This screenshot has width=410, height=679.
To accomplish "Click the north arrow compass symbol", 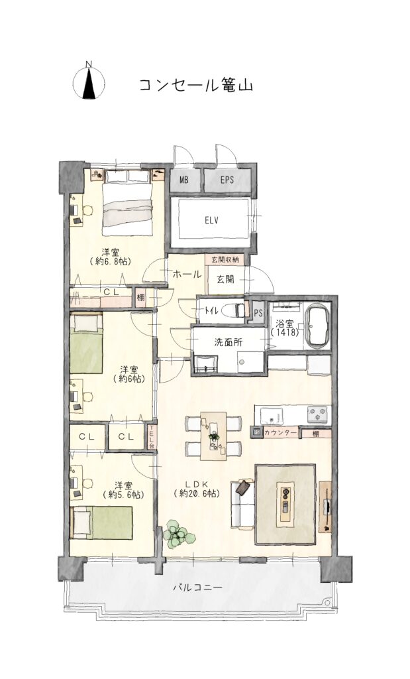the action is [89, 82].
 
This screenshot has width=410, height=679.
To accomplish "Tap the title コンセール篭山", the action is [195, 85].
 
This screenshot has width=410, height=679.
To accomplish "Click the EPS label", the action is [227, 180].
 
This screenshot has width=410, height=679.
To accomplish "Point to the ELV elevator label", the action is [211, 220].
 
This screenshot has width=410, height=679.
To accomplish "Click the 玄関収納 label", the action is [225, 260].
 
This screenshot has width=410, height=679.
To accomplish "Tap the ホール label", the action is [187, 274].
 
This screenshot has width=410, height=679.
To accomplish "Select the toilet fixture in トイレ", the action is [234, 310].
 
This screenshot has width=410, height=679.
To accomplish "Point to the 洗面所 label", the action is [229, 342].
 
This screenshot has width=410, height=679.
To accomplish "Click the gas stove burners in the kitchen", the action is [319, 415].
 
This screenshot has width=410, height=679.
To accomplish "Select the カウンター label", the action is [280, 432].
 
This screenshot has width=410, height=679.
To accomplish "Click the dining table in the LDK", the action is [213, 436].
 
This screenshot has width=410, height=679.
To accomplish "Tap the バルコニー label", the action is [197, 587].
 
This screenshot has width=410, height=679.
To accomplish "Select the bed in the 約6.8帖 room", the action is [128, 204].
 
